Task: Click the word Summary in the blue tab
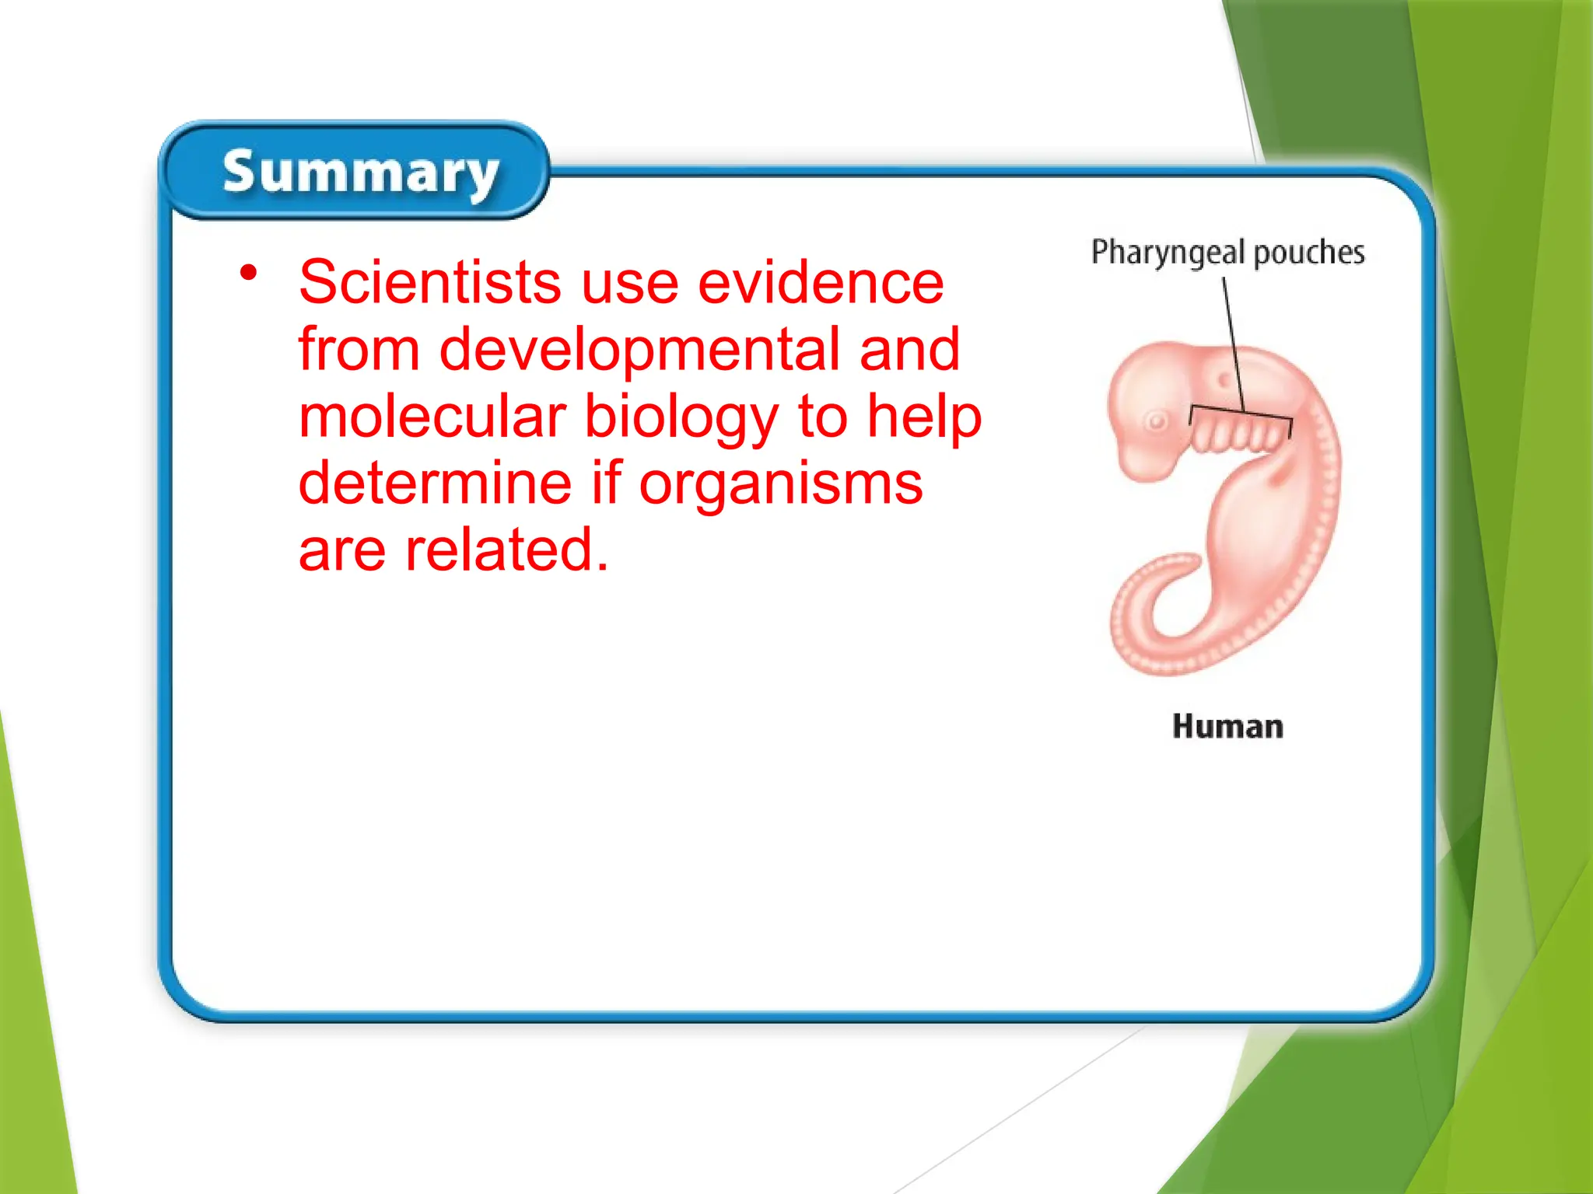(x=360, y=173)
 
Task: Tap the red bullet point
(x=248, y=272)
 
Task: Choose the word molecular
(x=432, y=417)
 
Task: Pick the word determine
(x=436, y=483)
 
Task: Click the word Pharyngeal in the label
(x=1168, y=253)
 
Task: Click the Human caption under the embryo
(x=1227, y=727)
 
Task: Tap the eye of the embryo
(x=1157, y=422)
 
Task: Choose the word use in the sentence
(x=629, y=283)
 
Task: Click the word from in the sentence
(x=359, y=350)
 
